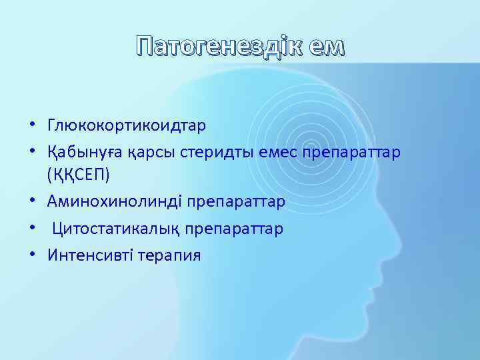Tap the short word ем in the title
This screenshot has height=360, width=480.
pyautogui.click(x=326, y=47)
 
